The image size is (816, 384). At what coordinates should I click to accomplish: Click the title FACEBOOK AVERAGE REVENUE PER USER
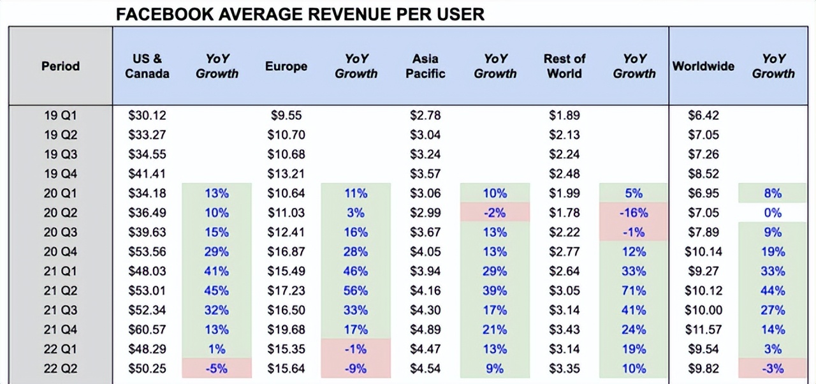[300, 14]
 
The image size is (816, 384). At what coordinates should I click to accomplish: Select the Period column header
[61, 66]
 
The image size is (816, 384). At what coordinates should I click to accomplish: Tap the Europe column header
[286, 66]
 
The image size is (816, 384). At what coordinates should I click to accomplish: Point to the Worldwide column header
[703, 66]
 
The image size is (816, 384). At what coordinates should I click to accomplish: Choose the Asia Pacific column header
[425, 66]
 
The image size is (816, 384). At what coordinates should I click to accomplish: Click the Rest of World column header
[564, 66]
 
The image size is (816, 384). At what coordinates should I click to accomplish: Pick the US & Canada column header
[147, 66]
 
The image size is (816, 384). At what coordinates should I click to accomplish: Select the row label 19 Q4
[61, 174]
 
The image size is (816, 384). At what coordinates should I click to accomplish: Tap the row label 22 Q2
[61, 368]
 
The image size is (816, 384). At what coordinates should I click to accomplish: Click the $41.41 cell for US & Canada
[147, 174]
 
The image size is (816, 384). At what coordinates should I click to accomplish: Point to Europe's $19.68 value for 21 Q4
[286, 329]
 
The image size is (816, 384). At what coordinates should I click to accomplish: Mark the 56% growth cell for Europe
[356, 290]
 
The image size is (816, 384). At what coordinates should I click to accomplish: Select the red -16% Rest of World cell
[634, 212]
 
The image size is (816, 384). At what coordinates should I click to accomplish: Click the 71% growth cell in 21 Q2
[634, 290]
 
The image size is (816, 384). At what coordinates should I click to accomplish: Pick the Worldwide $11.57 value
[703, 329]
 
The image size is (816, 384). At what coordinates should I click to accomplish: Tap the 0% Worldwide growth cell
[773, 212]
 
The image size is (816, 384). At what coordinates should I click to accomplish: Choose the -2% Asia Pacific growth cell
[495, 212]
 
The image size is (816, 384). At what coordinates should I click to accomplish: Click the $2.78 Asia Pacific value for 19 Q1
[425, 115]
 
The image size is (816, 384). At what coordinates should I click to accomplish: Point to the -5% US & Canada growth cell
[217, 368]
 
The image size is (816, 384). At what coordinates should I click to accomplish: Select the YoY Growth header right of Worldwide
[773, 66]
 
